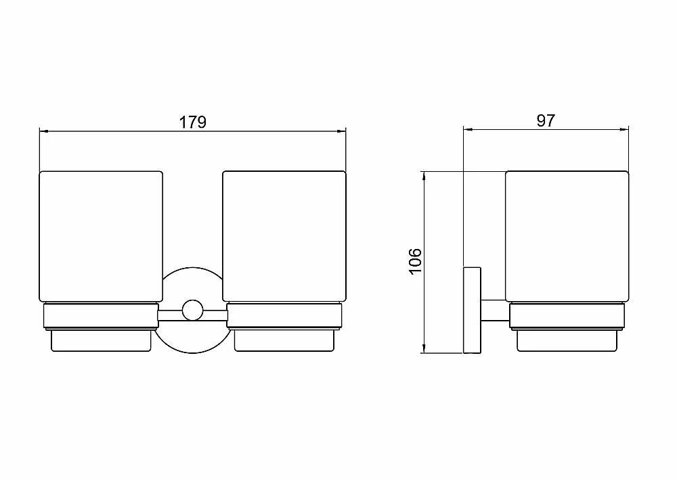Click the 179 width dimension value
192,122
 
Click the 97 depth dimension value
546,120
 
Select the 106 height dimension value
415,261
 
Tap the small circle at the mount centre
192,311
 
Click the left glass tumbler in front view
101,237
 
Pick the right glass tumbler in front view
284,237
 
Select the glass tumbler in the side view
567,237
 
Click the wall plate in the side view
472,311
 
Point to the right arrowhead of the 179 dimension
343,131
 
